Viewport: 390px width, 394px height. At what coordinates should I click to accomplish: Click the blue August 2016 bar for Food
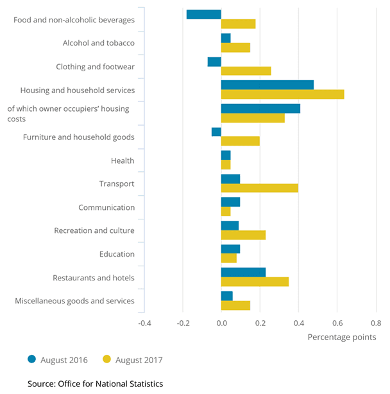[203, 14]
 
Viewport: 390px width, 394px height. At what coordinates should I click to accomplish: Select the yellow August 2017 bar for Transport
[259, 188]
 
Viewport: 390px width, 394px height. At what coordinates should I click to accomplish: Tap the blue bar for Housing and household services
[267, 85]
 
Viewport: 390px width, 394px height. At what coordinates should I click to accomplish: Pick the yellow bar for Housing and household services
[282, 94]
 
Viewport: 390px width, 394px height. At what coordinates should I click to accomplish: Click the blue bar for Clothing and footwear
[214, 62]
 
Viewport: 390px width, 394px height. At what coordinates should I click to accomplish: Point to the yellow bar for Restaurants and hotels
[255, 282]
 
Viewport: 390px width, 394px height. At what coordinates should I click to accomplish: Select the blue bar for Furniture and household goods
[216, 132]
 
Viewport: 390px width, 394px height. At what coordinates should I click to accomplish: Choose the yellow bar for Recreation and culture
[243, 235]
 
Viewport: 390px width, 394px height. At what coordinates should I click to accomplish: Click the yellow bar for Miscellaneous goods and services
[235, 305]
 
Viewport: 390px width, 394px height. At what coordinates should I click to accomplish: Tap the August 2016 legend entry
[57, 360]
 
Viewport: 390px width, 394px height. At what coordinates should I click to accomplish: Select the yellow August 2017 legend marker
[107, 360]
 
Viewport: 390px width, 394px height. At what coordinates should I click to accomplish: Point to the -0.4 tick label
[144, 323]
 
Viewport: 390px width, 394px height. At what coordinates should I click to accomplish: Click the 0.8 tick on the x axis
[375, 323]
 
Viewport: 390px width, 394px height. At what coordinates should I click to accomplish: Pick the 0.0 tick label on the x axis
[221, 323]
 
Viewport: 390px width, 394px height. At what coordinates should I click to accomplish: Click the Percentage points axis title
[341, 337]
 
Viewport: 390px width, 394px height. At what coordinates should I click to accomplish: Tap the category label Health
[122, 160]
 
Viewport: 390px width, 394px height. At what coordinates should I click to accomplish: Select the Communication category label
[106, 207]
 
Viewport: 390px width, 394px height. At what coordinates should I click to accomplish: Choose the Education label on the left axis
[117, 254]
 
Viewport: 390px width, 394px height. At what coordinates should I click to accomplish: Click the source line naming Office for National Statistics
[95, 384]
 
